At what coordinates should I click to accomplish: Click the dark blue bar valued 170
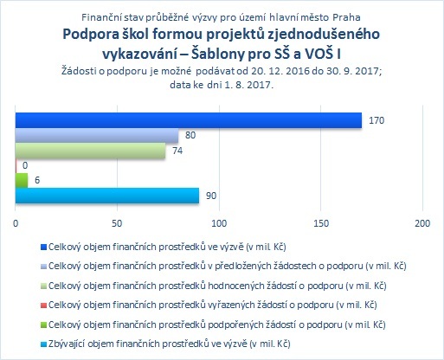189,120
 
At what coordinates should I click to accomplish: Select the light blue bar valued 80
97,135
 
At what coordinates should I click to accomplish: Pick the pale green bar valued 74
90,151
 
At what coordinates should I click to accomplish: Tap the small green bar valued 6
22,181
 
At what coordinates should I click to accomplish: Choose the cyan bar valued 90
107,196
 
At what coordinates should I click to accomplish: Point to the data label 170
376,120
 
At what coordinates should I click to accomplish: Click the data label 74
177,151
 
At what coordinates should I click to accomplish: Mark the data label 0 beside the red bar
25,165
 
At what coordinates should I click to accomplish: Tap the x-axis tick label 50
117,223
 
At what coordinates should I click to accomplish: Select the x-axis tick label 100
219,223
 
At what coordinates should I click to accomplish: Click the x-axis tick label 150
321,223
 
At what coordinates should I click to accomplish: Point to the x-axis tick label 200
422,223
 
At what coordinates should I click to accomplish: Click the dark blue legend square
43,247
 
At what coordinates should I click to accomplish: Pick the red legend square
43,305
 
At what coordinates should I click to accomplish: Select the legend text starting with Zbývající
170,344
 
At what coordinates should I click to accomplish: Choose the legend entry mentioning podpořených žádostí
217,325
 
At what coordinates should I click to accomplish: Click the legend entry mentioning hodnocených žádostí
217,286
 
